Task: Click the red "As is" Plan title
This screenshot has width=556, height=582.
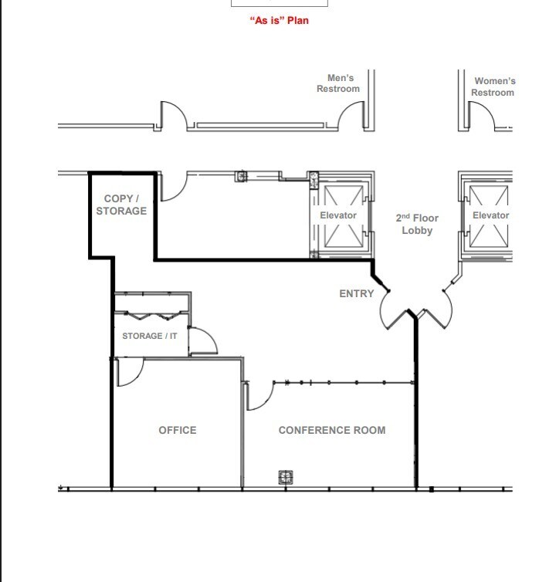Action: (x=279, y=20)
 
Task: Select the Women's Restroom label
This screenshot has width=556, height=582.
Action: (x=493, y=86)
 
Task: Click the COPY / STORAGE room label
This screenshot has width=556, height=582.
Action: (x=121, y=205)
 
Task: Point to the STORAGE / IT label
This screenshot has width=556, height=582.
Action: (x=150, y=336)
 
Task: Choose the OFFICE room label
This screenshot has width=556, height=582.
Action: (x=178, y=430)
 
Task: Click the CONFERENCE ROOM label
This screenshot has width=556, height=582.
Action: (x=332, y=430)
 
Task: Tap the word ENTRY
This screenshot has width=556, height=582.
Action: (x=356, y=293)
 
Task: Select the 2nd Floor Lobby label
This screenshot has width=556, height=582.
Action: (x=417, y=224)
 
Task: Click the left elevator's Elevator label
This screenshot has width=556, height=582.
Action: (x=338, y=215)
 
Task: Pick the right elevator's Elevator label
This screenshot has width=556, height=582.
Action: (x=491, y=215)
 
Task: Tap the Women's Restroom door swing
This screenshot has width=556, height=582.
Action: (x=483, y=116)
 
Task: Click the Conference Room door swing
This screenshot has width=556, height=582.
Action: (x=259, y=396)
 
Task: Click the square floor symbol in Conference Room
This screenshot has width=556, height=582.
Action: (x=284, y=478)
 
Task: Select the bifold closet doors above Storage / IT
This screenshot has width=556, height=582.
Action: (x=151, y=315)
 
